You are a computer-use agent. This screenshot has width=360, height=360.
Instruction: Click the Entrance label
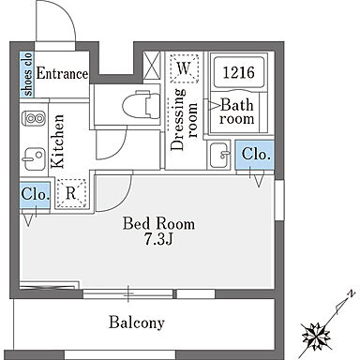click(62, 74)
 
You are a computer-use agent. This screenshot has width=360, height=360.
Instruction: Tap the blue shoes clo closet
click(27, 74)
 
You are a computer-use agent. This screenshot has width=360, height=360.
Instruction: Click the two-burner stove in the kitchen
click(34, 118)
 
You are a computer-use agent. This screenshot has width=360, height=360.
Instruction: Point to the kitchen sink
click(34, 159)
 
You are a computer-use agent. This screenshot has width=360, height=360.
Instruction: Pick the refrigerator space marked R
click(71, 193)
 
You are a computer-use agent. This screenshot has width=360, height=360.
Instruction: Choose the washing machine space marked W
click(184, 68)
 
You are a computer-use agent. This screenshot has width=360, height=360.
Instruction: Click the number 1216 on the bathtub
click(239, 72)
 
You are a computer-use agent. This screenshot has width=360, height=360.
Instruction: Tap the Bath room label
click(236, 112)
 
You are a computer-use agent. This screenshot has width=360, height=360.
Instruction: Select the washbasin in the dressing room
click(220, 155)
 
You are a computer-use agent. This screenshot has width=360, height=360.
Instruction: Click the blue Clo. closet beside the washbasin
click(255, 156)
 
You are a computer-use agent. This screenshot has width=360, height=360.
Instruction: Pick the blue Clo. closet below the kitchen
click(35, 195)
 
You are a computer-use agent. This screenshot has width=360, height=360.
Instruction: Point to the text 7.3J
click(158, 240)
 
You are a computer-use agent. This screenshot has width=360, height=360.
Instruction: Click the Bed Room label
click(158, 224)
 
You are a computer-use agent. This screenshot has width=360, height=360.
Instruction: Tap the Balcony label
click(137, 322)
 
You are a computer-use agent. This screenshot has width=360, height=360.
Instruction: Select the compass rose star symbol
click(316, 337)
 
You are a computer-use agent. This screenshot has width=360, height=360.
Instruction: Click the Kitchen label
click(58, 142)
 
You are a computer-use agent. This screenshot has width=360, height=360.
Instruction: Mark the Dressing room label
click(184, 120)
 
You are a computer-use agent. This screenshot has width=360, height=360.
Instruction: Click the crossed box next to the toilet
click(152, 66)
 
